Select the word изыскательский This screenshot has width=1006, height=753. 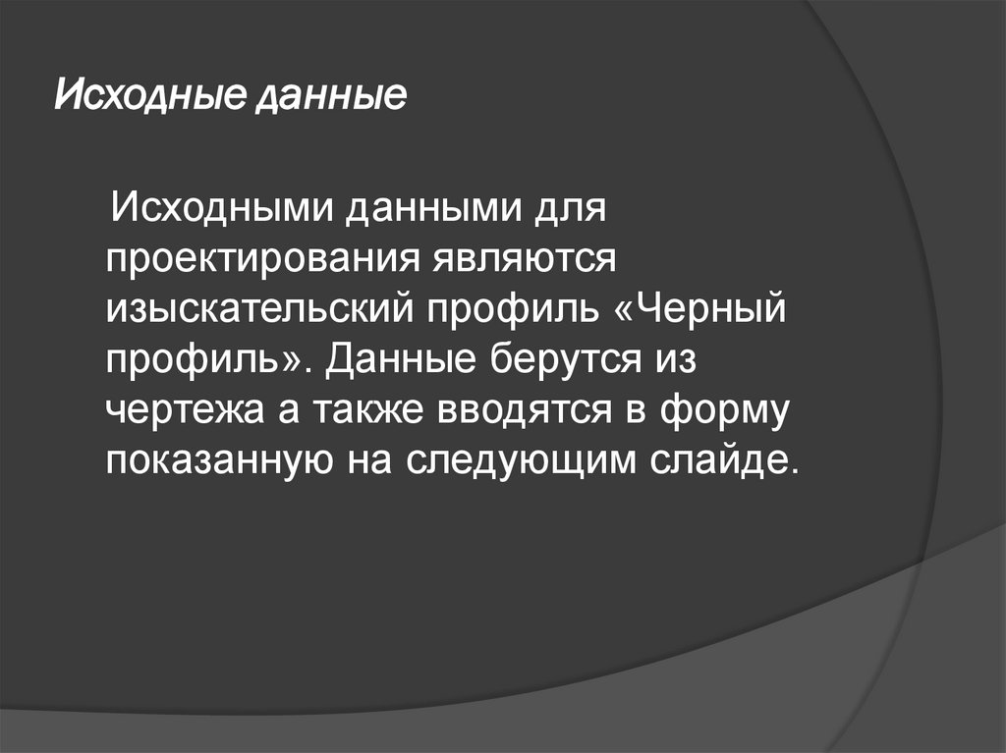tap(259, 310)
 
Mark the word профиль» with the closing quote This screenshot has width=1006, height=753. tap(206, 360)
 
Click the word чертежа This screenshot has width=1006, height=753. tap(178, 410)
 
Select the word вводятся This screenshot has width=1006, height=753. tap(526, 410)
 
